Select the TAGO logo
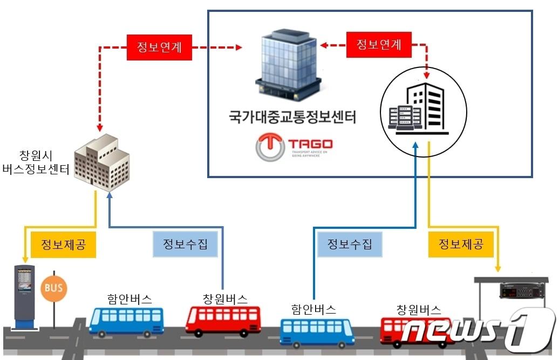click(x=294, y=147)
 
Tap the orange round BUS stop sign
click(x=54, y=287)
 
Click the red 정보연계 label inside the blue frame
click(x=380, y=45)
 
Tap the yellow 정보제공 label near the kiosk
click(x=64, y=245)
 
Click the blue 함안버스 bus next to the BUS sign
click(x=126, y=321)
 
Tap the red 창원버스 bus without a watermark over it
click(x=223, y=320)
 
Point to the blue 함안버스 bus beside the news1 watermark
click(x=317, y=331)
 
